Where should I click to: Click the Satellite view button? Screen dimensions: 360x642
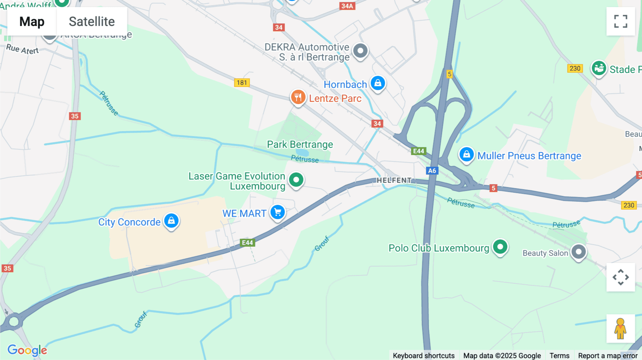coord(92,21)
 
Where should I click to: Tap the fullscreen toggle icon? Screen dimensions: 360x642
coord(621,21)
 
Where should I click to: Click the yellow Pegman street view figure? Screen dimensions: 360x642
coord(620,328)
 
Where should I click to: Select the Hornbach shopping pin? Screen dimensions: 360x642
coord(378,83)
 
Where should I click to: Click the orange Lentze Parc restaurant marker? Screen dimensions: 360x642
coord(298,97)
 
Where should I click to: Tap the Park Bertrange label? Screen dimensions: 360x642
coord(300,144)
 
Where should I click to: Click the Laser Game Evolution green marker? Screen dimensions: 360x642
coord(296,180)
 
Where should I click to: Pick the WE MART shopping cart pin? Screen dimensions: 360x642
coord(277,212)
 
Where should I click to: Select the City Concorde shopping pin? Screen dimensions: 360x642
coord(171,221)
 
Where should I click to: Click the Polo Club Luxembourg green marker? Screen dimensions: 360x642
coord(500,247)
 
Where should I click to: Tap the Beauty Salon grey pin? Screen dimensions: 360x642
coord(579,252)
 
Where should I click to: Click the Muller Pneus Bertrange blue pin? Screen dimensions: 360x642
coord(466,155)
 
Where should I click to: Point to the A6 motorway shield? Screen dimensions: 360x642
coord(432,171)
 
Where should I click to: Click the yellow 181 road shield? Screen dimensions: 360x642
coord(242,83)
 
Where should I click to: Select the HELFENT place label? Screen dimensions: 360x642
coord(394,180)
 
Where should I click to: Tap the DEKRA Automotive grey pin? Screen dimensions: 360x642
coord(360,51)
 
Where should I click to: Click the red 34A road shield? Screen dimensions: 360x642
coord(347,6)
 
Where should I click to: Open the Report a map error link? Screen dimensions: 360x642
coord(608,355)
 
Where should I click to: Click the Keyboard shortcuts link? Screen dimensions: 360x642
coord(424,355)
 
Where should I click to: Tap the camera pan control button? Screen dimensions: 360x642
coord(621,277)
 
